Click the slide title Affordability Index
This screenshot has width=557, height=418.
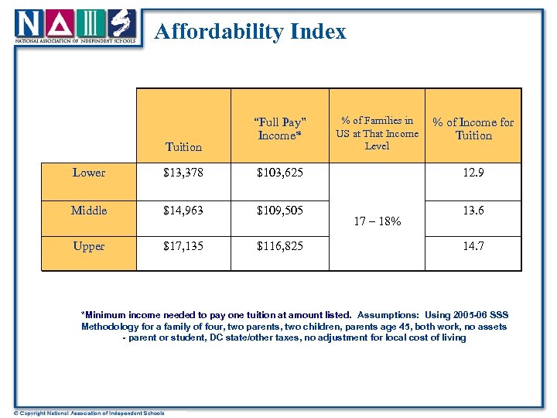click(250, 32)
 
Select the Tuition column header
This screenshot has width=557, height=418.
click(183, 146)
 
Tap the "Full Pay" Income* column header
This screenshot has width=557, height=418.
click(280, 128)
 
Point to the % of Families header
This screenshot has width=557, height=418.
click(377, 132)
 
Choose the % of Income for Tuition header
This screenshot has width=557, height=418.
click(473, 128)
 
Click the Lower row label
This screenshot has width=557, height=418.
click(89, 173)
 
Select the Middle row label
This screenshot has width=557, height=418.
click(89, 211)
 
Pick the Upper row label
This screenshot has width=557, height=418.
click(89, 246)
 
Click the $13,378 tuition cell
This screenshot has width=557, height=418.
click(183, 173)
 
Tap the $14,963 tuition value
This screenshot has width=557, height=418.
click(183, 211)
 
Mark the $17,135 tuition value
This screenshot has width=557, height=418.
click(183, 246)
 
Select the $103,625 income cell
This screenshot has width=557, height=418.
click(280, 173)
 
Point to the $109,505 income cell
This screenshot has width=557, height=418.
click(280, 211)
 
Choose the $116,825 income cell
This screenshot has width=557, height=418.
click(280, 246)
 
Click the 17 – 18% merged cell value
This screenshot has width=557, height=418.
click(377, 221)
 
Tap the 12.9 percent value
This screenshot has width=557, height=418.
click(473, 173)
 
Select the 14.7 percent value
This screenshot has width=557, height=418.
click(473, 246)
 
